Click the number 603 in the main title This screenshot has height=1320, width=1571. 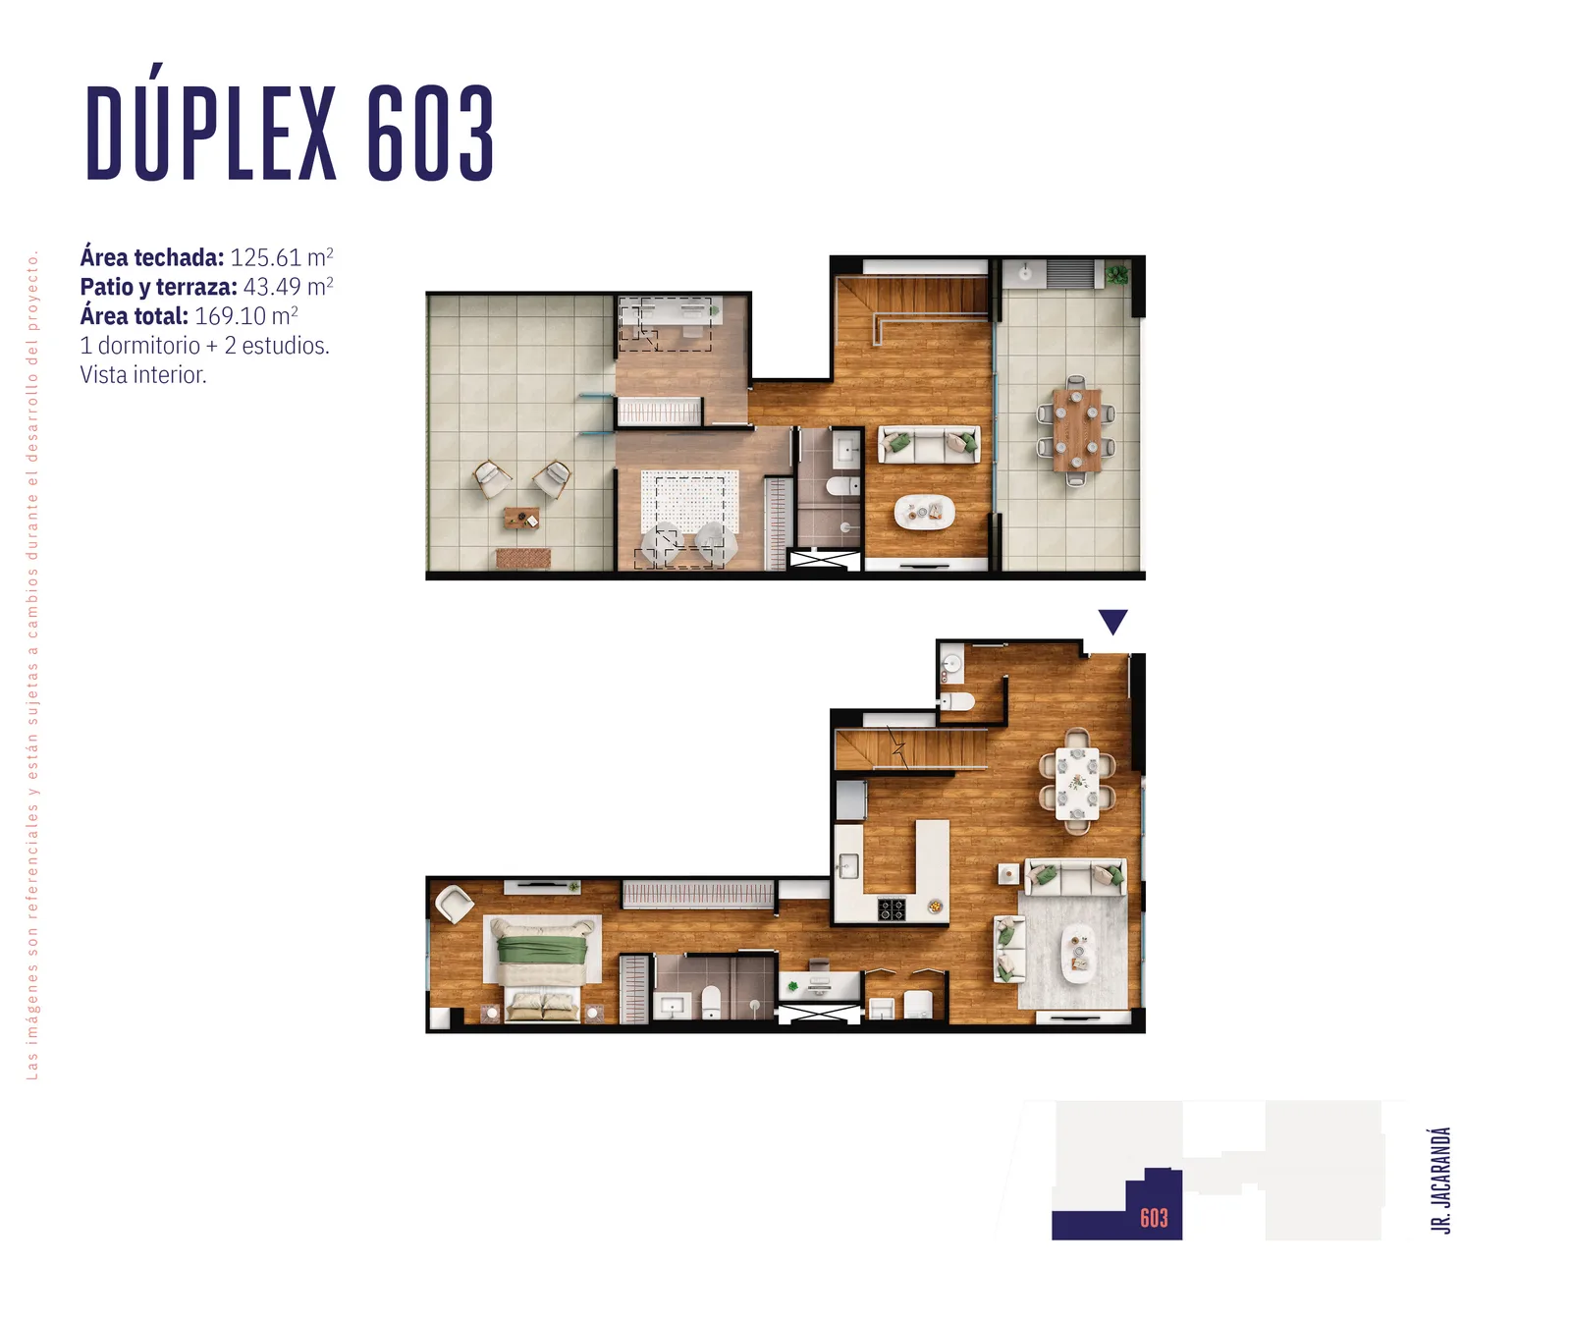tap(430, 134)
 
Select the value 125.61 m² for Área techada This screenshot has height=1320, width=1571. tap(282, 257)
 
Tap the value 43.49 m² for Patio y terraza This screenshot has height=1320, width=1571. tap(289, 287)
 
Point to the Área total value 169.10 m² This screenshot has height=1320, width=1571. tap(246, 316)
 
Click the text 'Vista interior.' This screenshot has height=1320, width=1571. tap(143, 375)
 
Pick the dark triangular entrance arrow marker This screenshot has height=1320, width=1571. tap(1112, 621)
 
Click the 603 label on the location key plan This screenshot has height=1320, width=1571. tap(1154, 1219)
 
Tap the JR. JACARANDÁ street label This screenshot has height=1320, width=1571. tap(1440, 1180)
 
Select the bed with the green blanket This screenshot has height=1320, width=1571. tap(543, 951)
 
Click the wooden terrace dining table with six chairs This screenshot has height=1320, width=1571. tap(1077, 430)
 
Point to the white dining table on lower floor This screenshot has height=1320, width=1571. tap(1077, 783)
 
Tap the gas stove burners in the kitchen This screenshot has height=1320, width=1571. tap(892, 909)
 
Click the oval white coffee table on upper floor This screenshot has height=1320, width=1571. tap(924, 512)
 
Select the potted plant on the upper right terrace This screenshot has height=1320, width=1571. tap(1117, 275)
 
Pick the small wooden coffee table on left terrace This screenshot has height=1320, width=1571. tap(521, 518)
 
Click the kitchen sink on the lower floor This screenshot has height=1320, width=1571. tap(848, 866)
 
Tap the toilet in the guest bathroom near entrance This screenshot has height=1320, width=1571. tap(956, 701)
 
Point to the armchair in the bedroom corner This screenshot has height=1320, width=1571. tap(455, 904)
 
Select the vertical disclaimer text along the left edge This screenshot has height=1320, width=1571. tap(32, 666)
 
